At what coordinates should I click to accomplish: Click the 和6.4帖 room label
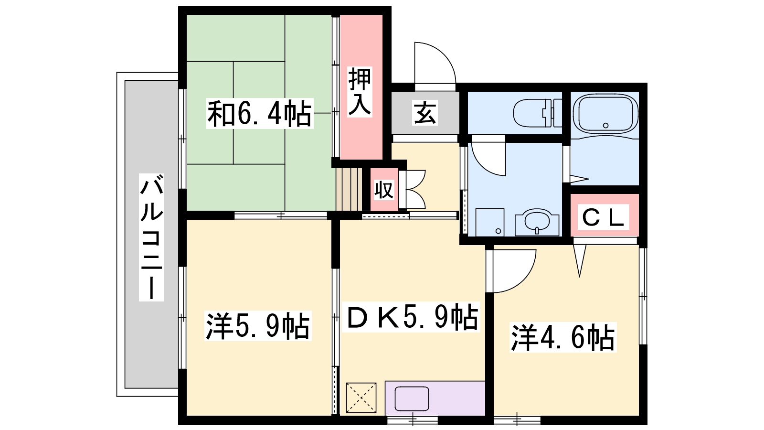pos(260,113)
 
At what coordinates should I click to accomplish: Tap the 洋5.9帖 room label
pos(258,325)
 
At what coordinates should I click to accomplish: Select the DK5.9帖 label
pos(411,317)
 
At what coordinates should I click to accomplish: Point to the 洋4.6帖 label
pos(563,337)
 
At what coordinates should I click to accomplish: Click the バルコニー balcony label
pos(151,237)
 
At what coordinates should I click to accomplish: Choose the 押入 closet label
pos(360,92)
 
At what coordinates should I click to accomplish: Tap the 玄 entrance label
pos(424,113)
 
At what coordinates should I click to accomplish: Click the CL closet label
pos(603,217)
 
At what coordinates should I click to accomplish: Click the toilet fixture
pos(538,113)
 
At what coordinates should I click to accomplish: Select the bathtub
pos(605,114)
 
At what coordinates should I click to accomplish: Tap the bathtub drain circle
pos(606,125)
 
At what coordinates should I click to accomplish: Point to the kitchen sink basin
pos(412,398)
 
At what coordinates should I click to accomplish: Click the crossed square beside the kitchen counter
pos(361,398)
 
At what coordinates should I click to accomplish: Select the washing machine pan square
pos(490,222)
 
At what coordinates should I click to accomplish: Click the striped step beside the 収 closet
pos(349,189)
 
